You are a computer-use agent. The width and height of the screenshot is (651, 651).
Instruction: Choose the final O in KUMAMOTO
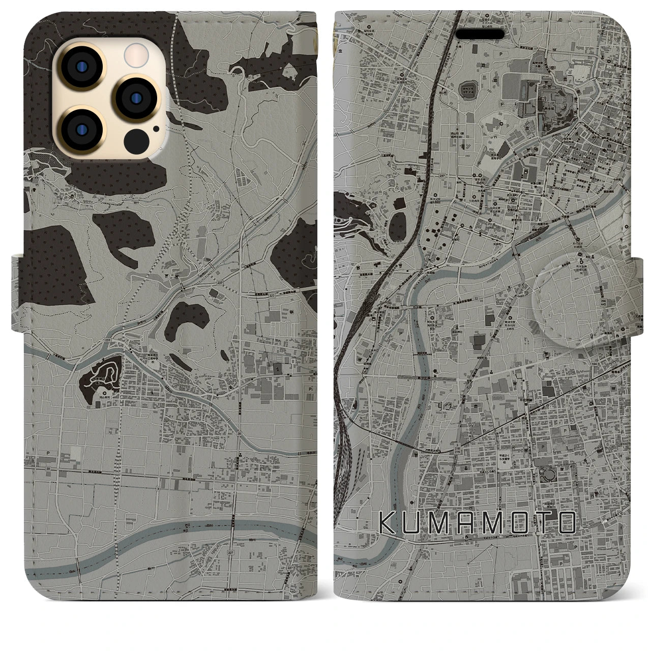[x=566, y=522]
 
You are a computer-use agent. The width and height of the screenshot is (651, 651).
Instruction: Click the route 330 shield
[x=430, y=32]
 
